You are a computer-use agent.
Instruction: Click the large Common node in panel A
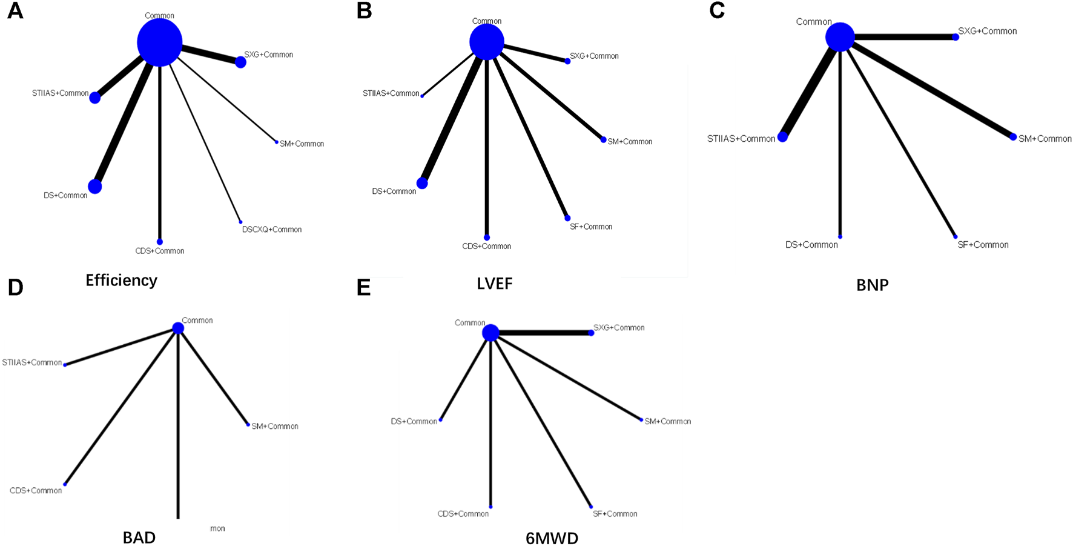[x=159, y=42]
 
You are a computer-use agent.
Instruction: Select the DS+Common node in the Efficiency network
[x=95, y=186]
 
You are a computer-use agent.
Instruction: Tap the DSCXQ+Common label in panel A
[x=271, y=230]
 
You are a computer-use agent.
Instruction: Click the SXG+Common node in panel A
[x=240, y=62]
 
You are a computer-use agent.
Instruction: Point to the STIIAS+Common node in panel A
[x=95, y=97]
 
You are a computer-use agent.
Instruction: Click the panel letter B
[x=364, y=12]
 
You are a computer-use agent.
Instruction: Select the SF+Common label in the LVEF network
[x=590, y=227]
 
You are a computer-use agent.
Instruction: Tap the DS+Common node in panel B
[x=422, y=183]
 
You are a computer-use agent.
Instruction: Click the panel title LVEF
[x=494, y=284]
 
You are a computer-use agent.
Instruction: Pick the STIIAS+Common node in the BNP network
[x=782, y=137]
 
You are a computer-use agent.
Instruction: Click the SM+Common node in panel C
[x=1013, y=137]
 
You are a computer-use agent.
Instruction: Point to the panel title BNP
[x=872, y=285]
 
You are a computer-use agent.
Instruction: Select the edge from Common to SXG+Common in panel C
[x=902, y=37]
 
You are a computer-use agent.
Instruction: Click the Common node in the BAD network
[x=178, y=328]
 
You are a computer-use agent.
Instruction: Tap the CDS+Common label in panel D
[x=36, y=490]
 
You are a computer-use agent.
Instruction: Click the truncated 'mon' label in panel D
[x=217, y=528]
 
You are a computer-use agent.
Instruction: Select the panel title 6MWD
[x=552, y=538]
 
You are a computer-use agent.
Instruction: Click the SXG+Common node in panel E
[x=591, y=333]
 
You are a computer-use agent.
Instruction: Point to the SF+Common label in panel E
[x=615, y=514]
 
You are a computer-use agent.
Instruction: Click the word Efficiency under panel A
[x=121, y=280]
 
